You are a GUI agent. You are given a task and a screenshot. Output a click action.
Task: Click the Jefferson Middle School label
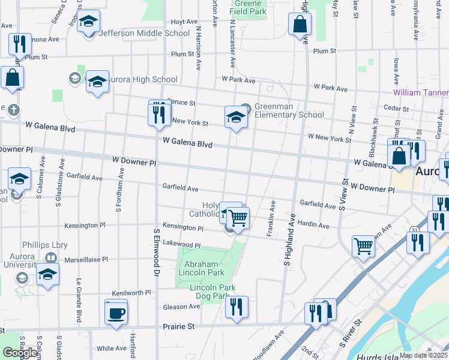tap(143, 33)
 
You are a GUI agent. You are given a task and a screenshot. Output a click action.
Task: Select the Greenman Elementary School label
tap(289, 111)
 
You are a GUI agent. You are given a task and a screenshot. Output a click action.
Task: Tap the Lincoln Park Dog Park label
tap(209, 292)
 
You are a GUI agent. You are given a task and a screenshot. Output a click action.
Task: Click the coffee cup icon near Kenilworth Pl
tap(116, 312)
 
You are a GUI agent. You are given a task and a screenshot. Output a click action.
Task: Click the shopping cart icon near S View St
tap(364, 246)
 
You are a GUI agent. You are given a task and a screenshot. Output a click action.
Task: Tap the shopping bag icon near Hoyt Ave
tap(300, 25)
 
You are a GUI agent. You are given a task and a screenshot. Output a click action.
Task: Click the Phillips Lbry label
tap(45, 245)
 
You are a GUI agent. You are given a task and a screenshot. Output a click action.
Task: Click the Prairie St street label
tap(181, 327)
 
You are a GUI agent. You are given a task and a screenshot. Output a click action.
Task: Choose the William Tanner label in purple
tap(421, 92)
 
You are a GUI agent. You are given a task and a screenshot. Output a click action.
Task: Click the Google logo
tap(19, 353)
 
